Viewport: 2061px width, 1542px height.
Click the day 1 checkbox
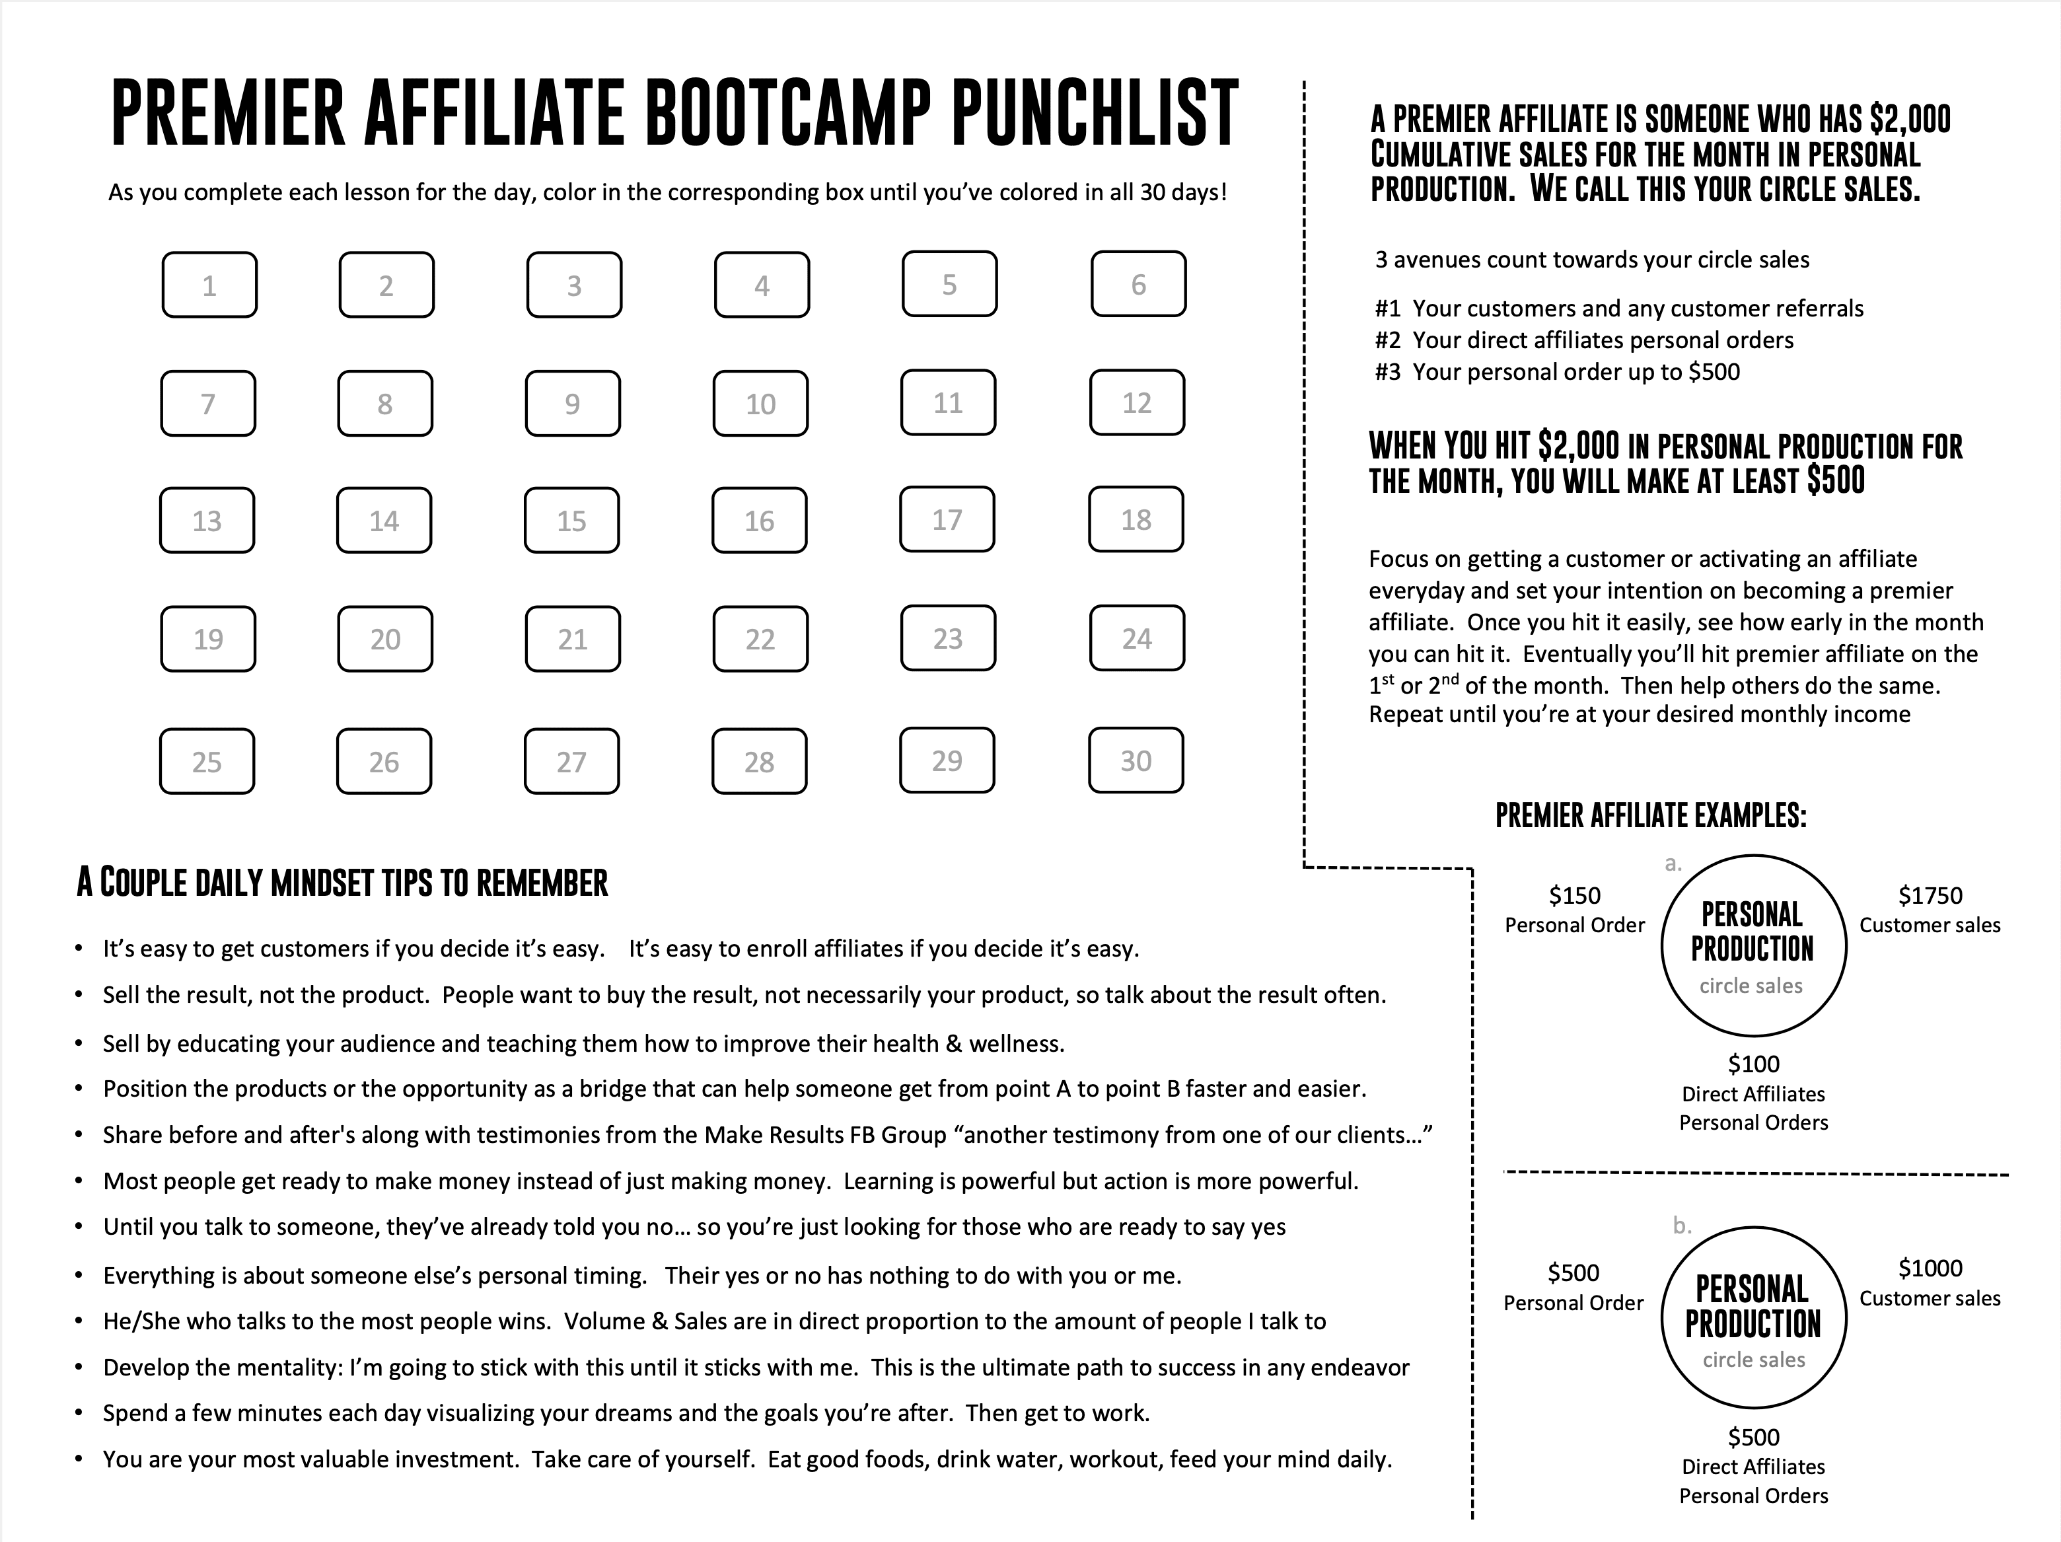coord(209,285)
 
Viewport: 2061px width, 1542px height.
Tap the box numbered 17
coord(947,520)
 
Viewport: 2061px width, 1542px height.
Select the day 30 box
coord(1135,761)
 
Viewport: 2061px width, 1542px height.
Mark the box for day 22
coord(760,639)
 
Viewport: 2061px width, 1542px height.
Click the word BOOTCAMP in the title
coord(787,114)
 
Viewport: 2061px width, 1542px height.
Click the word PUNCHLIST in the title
coord(1095,114)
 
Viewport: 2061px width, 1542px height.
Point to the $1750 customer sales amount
coord(1930,895)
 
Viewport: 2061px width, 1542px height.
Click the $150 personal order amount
coord(1575,895)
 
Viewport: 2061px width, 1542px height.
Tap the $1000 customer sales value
coord(1930,1268)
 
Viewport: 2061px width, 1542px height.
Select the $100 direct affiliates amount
coord(1754,1064)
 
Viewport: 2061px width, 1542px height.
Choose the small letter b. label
coord(1682,1226)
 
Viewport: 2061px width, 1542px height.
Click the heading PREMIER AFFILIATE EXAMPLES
coord(1650,816)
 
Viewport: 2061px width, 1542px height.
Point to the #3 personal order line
coord(1557,372)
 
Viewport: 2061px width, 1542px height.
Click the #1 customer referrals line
coord(1618,309)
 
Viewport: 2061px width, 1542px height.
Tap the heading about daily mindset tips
coord(342,883)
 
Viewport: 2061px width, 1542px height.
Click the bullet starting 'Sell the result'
coord(744,995)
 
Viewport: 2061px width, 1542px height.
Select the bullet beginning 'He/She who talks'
coord(713,1321)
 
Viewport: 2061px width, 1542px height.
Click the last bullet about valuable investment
coord(746,1459)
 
